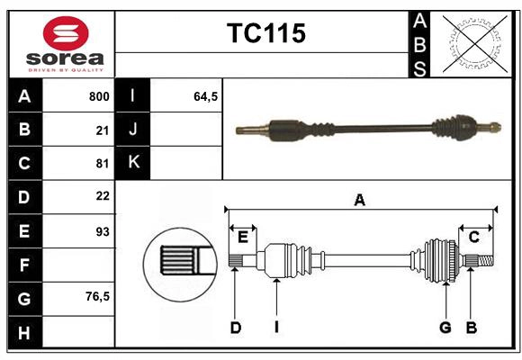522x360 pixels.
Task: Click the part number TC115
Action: tap(265, 33)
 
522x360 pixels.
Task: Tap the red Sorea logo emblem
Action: tap(65, 36)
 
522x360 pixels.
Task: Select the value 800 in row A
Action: tap(99, 96)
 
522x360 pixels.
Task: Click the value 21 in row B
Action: tap(103, 130)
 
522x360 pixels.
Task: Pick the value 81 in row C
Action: tap(103, 164)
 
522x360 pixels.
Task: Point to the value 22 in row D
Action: tap(103, 196)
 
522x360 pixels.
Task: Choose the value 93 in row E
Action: tap(103, 230)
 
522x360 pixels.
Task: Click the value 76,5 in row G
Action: tap(97, 296)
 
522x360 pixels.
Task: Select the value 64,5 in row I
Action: tap(206, 96)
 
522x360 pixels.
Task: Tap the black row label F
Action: tap(24, 264)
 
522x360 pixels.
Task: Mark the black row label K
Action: tap(133, 163)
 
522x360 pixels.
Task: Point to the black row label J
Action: tap(133, 130)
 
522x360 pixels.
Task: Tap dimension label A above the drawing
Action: tap(360, 201)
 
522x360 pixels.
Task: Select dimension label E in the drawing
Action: tap(243, 237)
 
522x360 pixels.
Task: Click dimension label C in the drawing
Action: tap(473, 237)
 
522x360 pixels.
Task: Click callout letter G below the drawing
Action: tap(445, 328)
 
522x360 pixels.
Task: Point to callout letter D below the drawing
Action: tap(236, 328)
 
